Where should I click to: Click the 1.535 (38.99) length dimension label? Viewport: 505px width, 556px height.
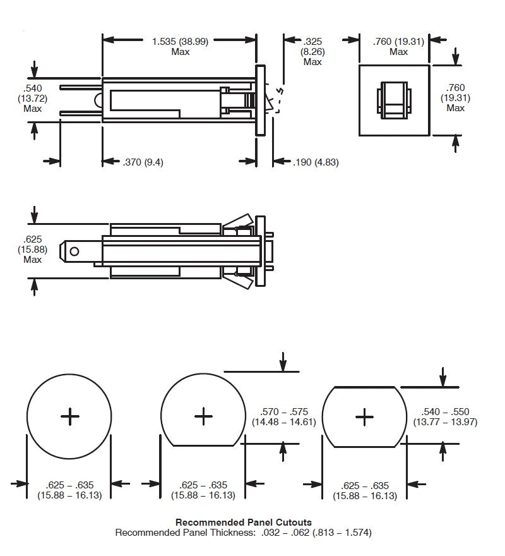pyautogui.click(x=181, y=46)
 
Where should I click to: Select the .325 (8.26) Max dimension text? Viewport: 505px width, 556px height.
pyautogui.click(x=312, y=51)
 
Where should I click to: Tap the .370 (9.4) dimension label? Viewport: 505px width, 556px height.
pyautogui.click(x=143, y=162)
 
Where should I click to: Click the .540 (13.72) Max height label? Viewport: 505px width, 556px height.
pyautogui.click(x=33, y=98)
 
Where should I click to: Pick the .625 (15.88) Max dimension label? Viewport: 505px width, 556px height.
pyautogui.click(x=33, y=249)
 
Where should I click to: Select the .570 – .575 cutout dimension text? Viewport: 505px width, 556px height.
pyautogui.click(x=283, y=416)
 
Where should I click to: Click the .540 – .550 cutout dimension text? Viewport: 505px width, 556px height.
pyautogui.click(x=445, y=416)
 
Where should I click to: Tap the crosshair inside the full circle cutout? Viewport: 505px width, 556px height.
pyautogui.click(x=69, y=415)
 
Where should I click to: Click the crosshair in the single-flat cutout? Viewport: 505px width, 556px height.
pyautogui.click(x=203, y=415)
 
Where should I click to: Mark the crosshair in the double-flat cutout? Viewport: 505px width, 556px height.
pyautogui.click(x=364, y=415)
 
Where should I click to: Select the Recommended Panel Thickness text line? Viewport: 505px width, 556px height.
pyautogui.click(x=243, y=533)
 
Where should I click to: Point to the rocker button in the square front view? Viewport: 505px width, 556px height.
pyautogui.click(x=394, y=99)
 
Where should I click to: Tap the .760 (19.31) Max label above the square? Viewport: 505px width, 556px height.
pyautogui.click(x=398, y=46)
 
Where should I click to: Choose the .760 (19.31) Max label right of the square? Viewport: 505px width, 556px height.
pyautogui.click(x=456, y=98)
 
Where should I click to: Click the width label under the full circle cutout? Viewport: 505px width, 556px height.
pyautogui.click(x=69, y=490)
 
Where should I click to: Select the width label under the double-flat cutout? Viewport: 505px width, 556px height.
pyautogui.click(x=365, y=490)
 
